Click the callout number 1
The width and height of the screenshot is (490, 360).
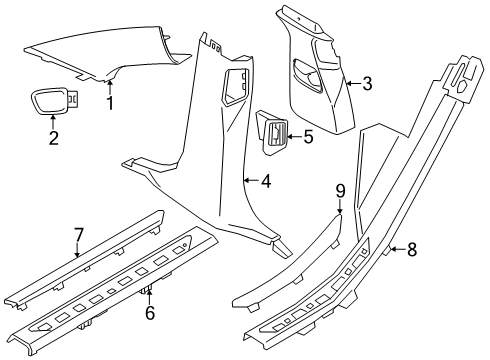click(x=110, y=103)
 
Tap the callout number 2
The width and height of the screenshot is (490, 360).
click(x=53, y=138)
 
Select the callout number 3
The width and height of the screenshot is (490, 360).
click(x=367, y=83)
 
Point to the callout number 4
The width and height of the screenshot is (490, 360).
click(x=266, y=182)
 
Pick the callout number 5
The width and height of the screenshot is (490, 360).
click(x=308, y=137)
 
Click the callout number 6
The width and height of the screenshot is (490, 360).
click(x=150, y=313)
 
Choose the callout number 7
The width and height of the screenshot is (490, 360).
click(x=78, y=235)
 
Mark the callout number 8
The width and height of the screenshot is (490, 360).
click(x=412, y=249)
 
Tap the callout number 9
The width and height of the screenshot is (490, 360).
click(x=340, y=191)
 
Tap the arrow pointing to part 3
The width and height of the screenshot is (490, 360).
click(x=353, y=83)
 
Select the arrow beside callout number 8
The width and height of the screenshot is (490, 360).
click(x=398, y=249)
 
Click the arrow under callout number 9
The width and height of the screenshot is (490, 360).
click(x=340, y=206)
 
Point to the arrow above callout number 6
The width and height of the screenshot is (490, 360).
click(x=150, y=297)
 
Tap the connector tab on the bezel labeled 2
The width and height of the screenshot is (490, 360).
click(x=74, y=99)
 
